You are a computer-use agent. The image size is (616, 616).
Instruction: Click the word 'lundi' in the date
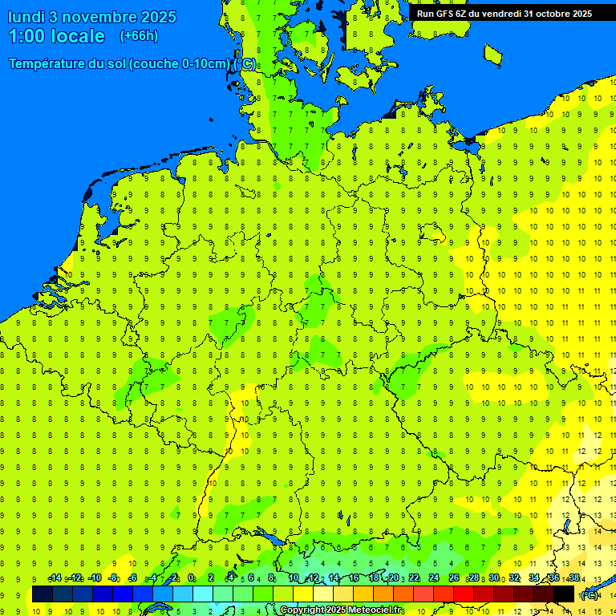point(26,17)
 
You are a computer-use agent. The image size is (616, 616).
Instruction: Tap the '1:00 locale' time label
point(56,36)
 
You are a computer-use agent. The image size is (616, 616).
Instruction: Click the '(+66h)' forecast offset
point(139,36)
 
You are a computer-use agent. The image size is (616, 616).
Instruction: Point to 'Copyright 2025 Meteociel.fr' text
point(341,610)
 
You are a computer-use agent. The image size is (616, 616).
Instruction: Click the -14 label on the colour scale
point(55,578)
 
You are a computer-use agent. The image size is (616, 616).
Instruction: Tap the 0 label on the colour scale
point(191,578)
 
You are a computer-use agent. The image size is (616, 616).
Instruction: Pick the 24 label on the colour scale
point(434,578)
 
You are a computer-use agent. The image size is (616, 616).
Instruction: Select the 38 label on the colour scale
point(574,578)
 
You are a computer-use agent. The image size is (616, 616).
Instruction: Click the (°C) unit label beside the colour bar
point(590,595)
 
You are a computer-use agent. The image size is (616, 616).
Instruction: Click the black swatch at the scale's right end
point(564,594)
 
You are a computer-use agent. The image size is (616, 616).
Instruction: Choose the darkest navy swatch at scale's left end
point(43,594)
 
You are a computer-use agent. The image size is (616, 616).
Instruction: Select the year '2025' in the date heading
point(158,17)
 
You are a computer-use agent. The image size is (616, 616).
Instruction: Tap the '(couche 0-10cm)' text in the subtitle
point(179,64)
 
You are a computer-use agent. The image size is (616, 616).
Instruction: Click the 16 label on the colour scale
point(353,578)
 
